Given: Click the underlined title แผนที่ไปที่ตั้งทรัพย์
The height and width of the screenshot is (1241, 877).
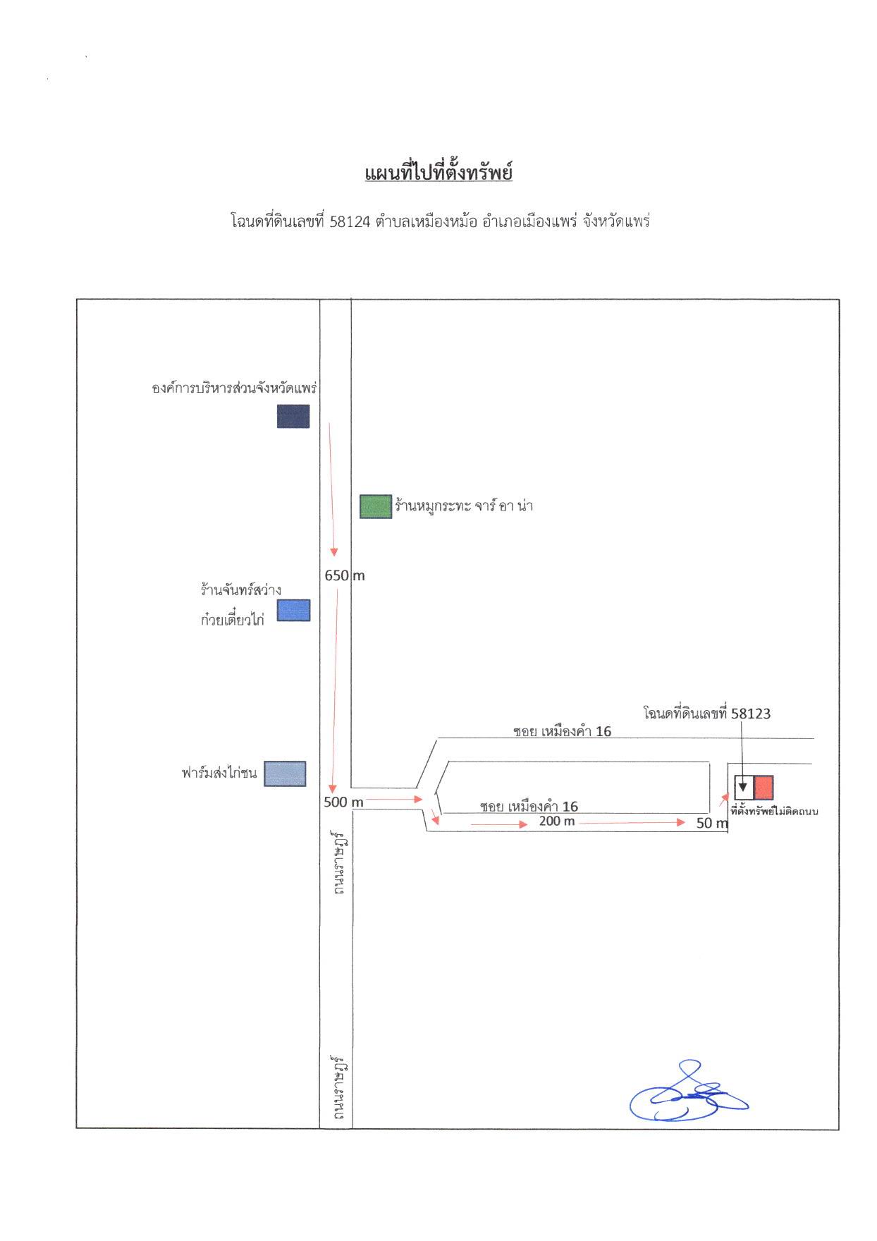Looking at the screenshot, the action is pos(438,172).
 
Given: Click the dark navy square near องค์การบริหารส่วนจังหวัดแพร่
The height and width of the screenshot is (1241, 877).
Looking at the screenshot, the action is pos(293,416).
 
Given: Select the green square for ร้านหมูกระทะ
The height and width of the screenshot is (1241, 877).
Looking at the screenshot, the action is pos(376,507).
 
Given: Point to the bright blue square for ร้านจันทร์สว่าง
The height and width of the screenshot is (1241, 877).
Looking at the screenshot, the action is pos(293,610).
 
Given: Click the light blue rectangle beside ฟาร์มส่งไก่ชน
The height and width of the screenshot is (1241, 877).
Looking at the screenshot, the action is pos(285,774).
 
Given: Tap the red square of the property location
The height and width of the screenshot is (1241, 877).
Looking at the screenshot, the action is pos(763,786).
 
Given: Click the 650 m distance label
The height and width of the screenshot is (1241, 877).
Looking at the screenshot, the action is pos(345,575).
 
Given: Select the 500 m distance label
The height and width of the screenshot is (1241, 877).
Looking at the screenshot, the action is pos(343,802).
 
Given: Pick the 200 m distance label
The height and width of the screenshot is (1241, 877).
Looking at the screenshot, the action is pos(557,821).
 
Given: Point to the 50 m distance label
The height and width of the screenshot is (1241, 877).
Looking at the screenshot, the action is pos(712,823).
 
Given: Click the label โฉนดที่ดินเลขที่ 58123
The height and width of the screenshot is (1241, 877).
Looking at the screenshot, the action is pos(707,714).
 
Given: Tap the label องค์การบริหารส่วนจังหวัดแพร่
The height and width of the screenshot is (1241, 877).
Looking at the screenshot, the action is pos(235,388).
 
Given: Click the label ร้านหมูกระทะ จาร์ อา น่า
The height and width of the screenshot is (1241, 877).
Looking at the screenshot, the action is pos(464,506).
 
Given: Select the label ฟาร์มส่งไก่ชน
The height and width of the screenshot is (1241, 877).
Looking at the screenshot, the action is pos(219,773).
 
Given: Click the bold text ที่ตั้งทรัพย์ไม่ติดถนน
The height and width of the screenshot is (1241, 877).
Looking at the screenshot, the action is pos(774,811).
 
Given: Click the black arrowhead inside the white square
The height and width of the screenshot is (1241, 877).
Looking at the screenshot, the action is pos(742,786).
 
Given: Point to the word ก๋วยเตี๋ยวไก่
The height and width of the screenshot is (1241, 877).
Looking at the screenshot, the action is pos(232,620).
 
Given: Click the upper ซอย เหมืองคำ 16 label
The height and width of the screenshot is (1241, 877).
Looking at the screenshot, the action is pos(563,731).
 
